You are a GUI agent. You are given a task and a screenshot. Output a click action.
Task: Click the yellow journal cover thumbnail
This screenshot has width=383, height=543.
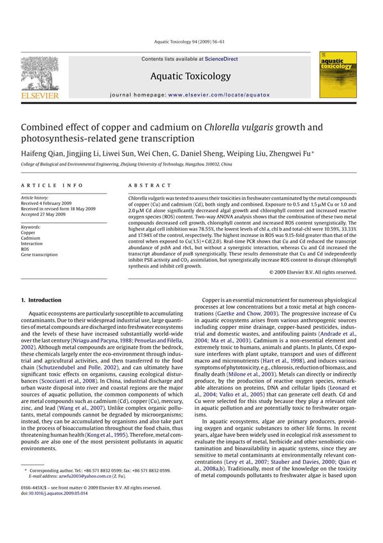[x=333, y=75]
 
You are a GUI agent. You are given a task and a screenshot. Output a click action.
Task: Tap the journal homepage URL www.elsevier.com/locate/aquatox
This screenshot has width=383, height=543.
[x=219, y=95]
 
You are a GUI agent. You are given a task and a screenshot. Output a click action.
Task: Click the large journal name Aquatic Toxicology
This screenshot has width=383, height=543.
[x=190, y=76]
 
